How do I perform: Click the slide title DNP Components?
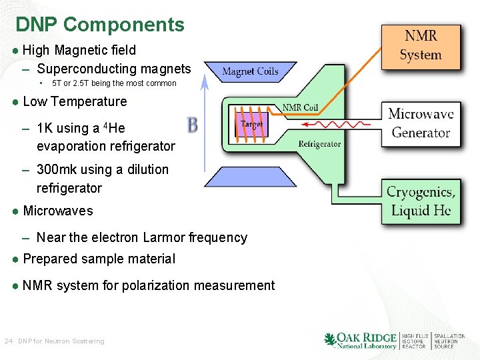point(100,25)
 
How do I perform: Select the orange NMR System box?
point(421,47)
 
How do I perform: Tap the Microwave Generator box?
point(421,123)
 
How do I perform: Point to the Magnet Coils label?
point(250,72)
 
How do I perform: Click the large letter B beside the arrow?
point(192,125)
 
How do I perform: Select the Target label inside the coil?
point(251,125)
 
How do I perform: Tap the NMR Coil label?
point(300,108)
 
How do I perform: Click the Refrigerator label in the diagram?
point(319,144)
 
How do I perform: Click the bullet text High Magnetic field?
point(79,50)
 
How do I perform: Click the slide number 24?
point(9,341)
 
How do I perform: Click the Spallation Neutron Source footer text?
point(449,341)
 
